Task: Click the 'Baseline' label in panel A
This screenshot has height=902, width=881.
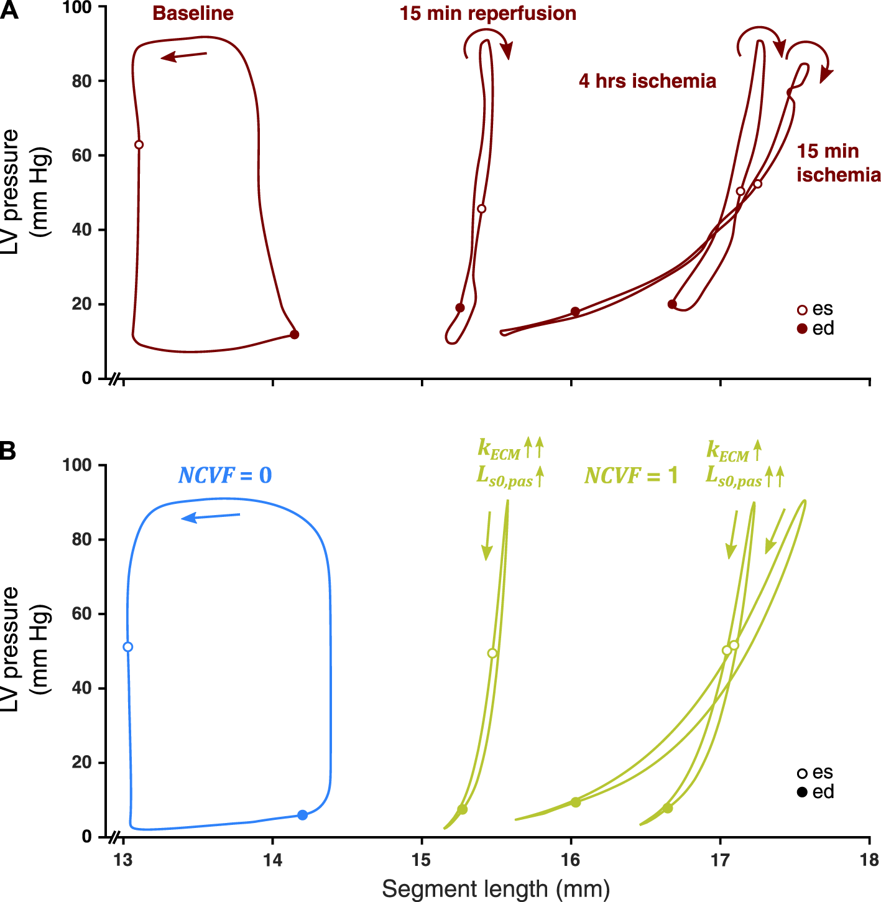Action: tap(193, 14)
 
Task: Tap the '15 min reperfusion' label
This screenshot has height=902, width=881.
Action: tap(487, 14)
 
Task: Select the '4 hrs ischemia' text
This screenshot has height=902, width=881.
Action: tap(647, 81)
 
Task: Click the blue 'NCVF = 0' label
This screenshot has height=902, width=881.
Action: tap(225, 476)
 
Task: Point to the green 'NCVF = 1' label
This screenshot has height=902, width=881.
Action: tap(630, 476)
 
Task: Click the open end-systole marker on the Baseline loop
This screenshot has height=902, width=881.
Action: tap(139, 145)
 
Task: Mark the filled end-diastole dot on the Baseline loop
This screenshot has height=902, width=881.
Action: tap(295, 335)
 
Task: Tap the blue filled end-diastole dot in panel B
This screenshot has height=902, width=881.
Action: tap(302, 815)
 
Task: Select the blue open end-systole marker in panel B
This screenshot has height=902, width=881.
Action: tap(128, 647)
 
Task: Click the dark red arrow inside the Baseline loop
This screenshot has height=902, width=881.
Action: tap(183, 57)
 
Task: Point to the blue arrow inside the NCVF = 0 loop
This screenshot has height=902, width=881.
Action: tap(210, 517)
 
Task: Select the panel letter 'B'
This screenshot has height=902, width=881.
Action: tap(8, 451)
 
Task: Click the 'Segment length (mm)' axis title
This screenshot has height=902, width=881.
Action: tap(496, 889)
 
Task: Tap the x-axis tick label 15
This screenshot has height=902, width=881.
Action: tap(422, 860)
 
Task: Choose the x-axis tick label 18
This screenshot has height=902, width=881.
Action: tap(869, 860)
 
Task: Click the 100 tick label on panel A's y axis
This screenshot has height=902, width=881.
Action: tap(78, 7)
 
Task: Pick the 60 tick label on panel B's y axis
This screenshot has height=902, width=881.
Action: tap(81, 614)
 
